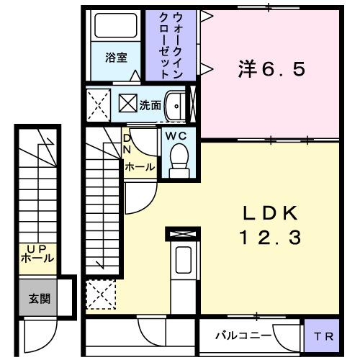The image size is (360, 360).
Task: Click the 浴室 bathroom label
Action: [x=117, y=58]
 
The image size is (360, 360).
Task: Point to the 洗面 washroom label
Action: [x=150, y=104]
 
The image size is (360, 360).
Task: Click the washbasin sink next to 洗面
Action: [x=176, y=105]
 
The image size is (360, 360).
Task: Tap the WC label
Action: [x=176, y=135]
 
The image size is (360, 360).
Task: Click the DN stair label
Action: [x=127, y=144]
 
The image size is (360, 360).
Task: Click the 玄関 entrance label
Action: [x=39, y=297]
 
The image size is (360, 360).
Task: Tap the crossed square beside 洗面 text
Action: [x=127, y=104]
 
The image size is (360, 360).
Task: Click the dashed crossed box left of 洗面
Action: [x=98, y=104]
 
